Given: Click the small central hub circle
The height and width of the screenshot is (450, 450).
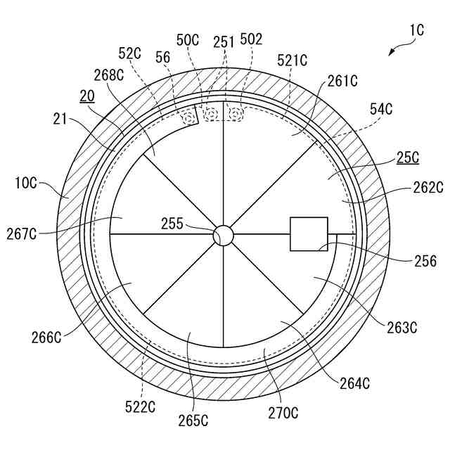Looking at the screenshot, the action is click(223, 235).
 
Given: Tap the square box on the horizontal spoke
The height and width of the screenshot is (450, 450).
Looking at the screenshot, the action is click(309, 234).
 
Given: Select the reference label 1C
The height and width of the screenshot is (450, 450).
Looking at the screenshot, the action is click(416, 31).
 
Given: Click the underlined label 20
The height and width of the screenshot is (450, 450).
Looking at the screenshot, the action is click(87, 97).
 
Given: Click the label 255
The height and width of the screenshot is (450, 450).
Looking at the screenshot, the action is click(171, 224).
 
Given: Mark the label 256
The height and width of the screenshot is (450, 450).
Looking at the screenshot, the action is click(425, 262).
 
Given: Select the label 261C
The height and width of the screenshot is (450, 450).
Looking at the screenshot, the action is click(343, 82).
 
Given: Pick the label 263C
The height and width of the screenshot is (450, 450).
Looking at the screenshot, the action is click(401, 327).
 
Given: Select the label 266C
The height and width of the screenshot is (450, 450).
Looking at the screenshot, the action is click(46, 337).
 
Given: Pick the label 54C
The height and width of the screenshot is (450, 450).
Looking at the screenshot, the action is click(381, 108).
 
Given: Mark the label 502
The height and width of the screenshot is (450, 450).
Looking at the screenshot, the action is click(251, 39).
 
